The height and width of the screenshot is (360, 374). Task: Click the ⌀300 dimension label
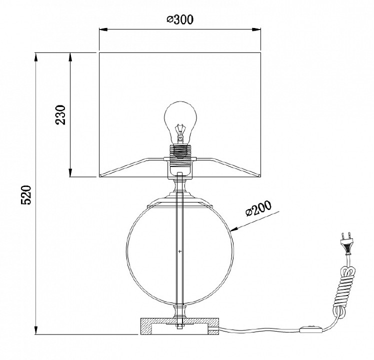pyautogui.click(x=180, y=19)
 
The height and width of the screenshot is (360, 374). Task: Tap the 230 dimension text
pyautogui.click(x=60, y=115)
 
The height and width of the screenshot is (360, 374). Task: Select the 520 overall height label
pyautogui.click(x=26, y=194)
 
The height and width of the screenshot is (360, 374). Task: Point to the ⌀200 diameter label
pyautogui.click(x=258, y=208)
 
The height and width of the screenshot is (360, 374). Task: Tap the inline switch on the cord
pyautogui.click(x=311, y=330)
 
